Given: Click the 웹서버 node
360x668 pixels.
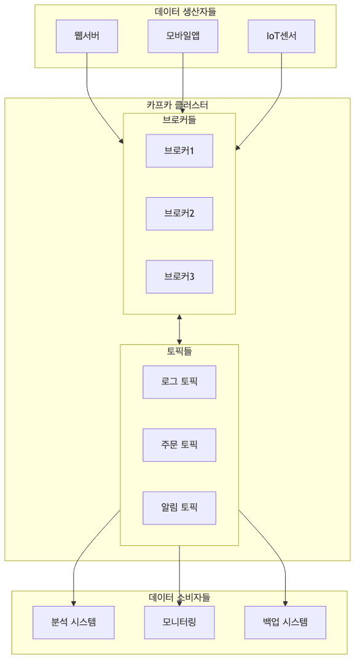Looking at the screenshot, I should (87, 36).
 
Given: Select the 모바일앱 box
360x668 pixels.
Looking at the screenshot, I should (183, 36).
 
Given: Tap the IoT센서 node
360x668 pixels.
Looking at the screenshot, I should (281, 36).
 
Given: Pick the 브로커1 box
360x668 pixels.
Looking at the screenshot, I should (179, 150).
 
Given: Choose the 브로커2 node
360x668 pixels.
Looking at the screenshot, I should (179, 214).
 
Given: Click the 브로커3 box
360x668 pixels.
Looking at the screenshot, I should (179, 276).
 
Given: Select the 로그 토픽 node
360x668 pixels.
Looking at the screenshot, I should (179, 382).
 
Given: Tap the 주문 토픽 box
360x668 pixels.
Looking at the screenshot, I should (179, 445).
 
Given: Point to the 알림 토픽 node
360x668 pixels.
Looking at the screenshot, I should (179, 508).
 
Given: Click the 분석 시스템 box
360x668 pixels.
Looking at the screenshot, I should (74, 622).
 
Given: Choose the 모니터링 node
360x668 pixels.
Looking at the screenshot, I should (179, 622).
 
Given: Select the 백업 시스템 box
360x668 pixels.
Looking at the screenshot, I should (285, 622).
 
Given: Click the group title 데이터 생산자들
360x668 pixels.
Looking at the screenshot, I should (185, 11).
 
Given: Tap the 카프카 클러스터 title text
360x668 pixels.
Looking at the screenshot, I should (177, 105).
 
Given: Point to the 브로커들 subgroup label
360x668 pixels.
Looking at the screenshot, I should (179, 120).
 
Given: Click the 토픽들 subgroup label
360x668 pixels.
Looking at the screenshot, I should (179, 352).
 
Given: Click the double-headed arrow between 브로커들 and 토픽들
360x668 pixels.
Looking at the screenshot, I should (179, 329).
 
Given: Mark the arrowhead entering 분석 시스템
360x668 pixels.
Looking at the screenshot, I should (74, 603).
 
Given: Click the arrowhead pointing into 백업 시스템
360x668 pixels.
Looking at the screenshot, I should (285, 603).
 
